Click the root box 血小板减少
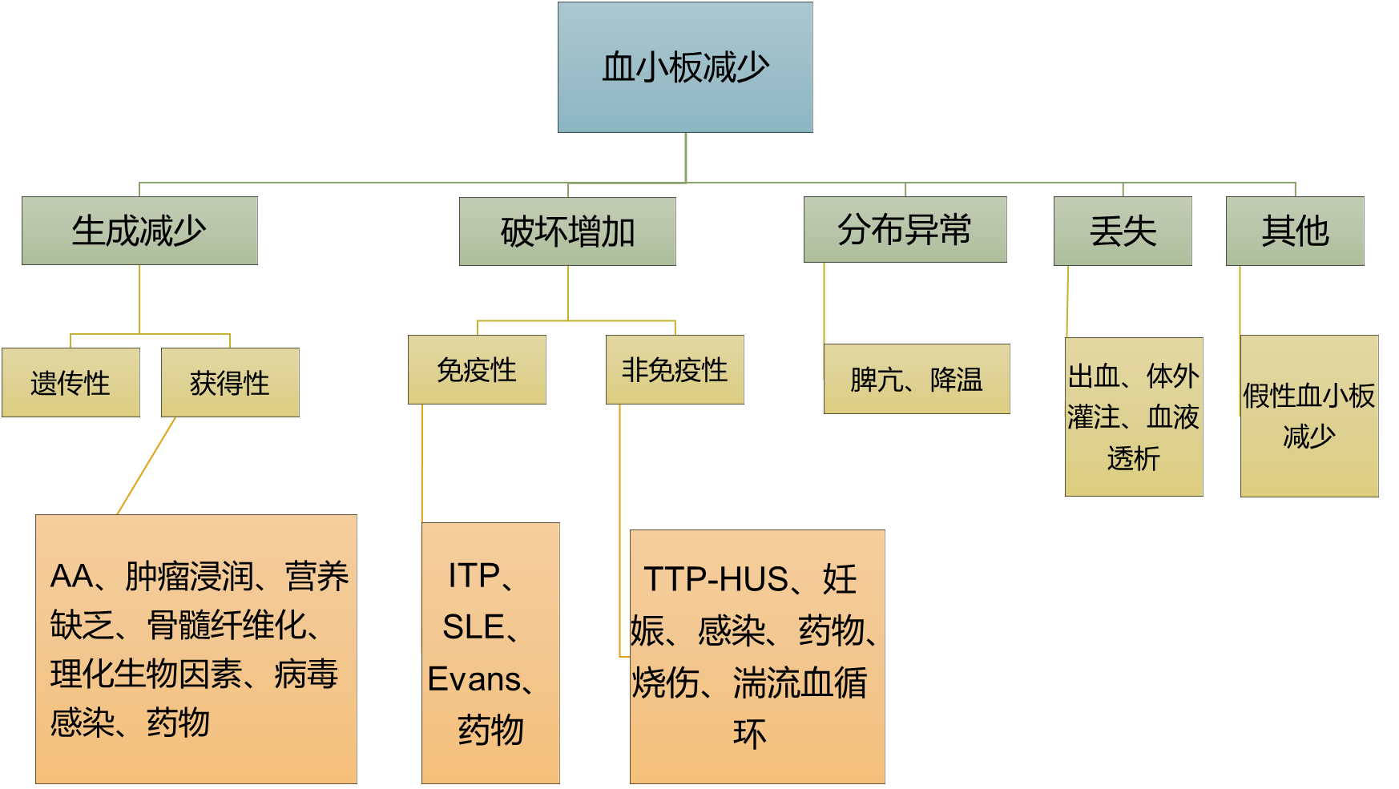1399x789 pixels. [685, 67]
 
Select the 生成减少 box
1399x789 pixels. [139, 231]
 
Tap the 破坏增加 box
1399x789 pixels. [567, 231]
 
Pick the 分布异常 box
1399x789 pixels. [905, 230]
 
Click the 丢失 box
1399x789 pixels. [1123, 231]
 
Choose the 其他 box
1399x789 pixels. [1295, 231]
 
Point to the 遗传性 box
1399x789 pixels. [71, 383]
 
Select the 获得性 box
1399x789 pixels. [230, 383]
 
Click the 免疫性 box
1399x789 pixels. [477, 370]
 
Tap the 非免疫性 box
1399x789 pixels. [675, 370]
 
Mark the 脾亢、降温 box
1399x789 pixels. [917, 379]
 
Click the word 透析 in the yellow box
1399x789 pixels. [1133, 459]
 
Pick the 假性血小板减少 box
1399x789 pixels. [1309, 416]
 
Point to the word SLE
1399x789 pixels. [473, 627]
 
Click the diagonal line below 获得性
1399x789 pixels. [147, 465]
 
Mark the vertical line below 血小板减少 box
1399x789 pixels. [686, 157]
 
